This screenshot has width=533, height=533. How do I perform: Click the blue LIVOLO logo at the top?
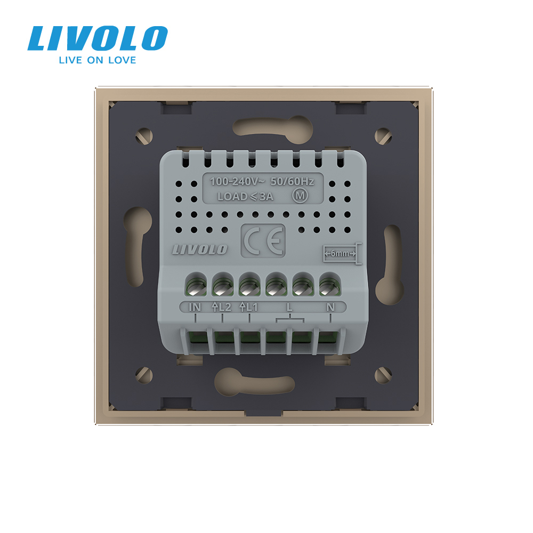pos(98,38)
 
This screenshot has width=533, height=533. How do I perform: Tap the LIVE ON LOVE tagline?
pos(98,60)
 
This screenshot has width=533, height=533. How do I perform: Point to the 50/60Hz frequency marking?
pos(292,182)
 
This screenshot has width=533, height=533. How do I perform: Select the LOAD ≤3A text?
pos(245,197)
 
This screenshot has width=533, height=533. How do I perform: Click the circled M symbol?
pos(300,196)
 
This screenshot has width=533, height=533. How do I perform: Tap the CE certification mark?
pos(263,241)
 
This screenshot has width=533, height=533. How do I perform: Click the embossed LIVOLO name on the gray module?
pos(199,249)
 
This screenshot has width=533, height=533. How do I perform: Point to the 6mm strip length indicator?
pos(342,254)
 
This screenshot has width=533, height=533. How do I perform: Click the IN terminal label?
pos(195,308)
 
